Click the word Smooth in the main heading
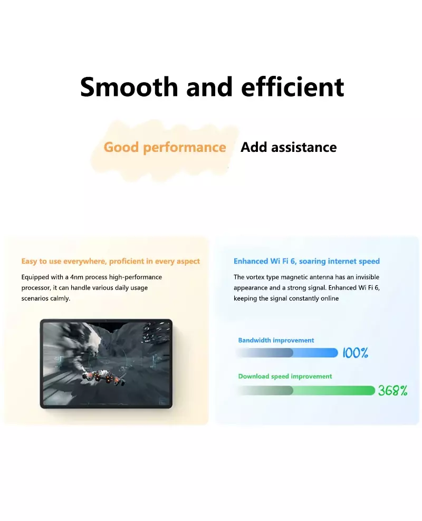[129, 86]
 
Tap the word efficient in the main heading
[292, 86]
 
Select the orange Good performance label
[165, 147]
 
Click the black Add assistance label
[289, 147]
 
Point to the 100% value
[355, 353]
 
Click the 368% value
[393, 390]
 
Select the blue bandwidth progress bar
[287, 353]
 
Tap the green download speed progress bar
[305, 390]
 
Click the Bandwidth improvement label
[276, 340]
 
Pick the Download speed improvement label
[285, 376]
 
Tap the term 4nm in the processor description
[77, 277]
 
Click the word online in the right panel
[330, 298]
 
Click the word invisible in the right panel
[368, 277]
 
